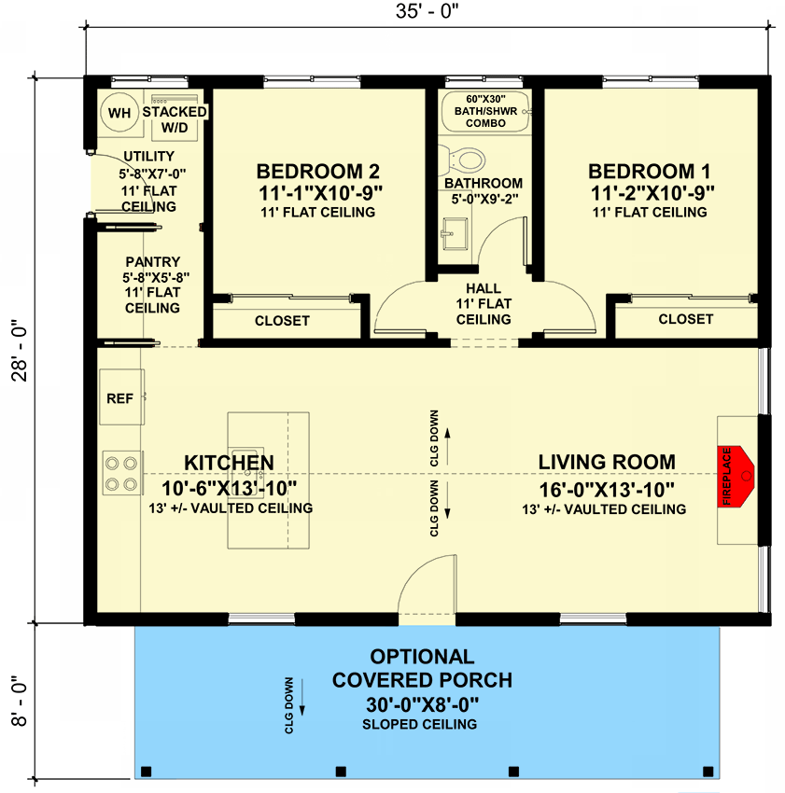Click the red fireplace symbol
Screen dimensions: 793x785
point(736,476)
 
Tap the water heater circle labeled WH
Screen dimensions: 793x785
point(119,113)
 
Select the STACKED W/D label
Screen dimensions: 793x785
point(174,118)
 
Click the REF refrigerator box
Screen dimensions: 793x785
point(119,398)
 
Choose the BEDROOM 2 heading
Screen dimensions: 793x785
point(317,172)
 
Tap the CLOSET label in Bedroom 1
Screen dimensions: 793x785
point(685,319)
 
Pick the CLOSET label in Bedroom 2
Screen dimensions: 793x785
point(282,320)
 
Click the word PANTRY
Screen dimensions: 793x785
point(153,263)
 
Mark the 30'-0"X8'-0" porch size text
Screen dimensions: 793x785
point(422,703)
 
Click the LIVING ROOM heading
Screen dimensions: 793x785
point(606,462)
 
